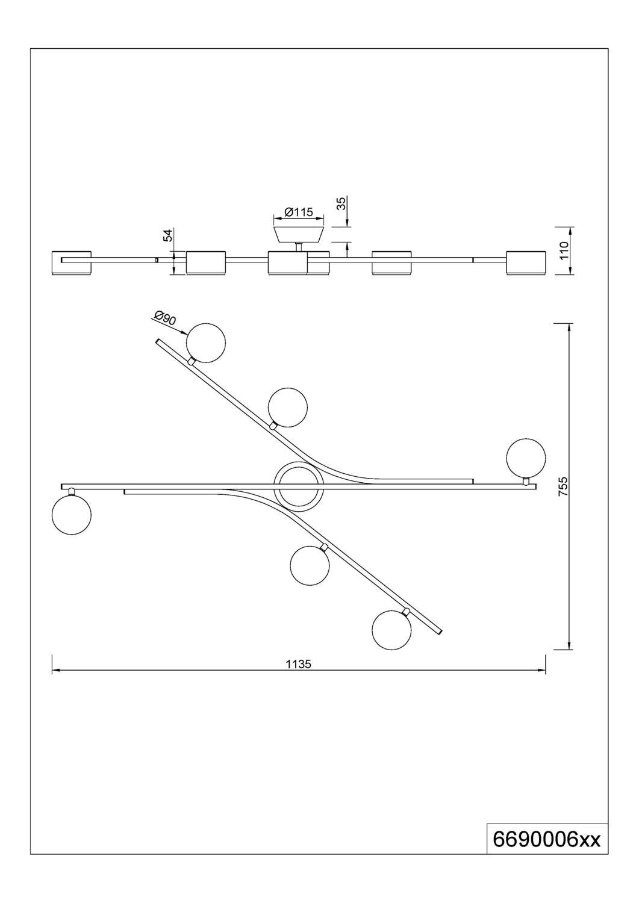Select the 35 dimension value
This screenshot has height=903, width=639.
341,203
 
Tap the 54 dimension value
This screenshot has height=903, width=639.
168,235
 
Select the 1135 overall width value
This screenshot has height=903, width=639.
299,665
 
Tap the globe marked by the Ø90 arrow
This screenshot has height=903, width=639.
206,343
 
